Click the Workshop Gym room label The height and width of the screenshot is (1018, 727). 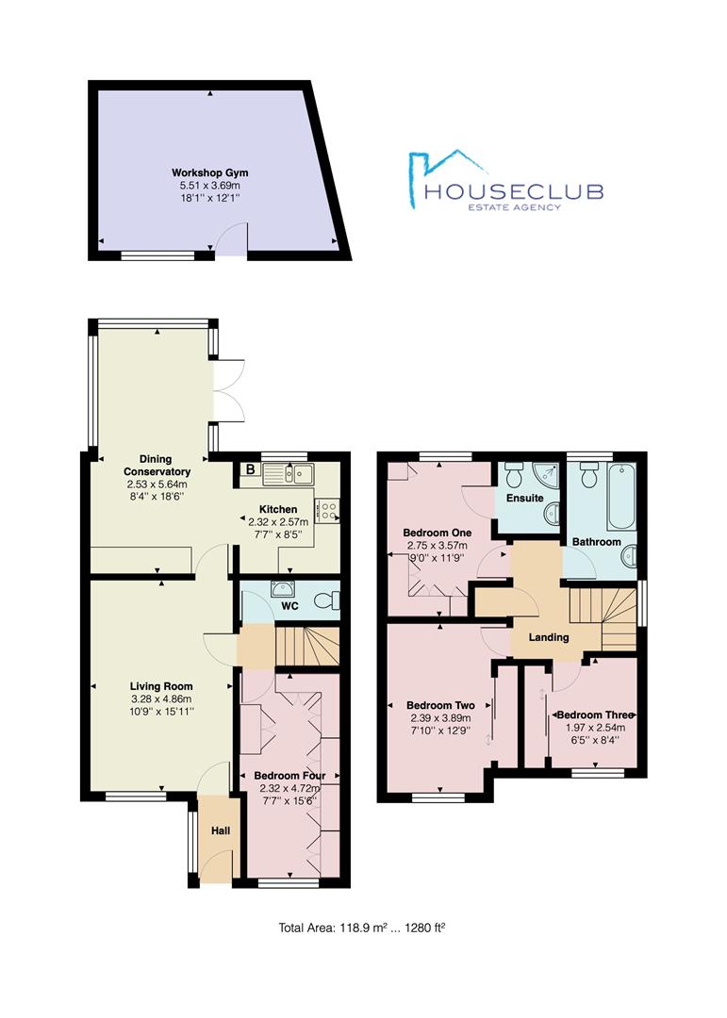click(x=210, y=172)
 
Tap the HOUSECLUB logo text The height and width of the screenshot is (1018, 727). click(x=513, y=191)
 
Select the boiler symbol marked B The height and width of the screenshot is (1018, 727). click(x=250, y=469)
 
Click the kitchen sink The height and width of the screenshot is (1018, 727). click(x=288, y=474)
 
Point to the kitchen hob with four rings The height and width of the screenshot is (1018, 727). click(x=327, y=510)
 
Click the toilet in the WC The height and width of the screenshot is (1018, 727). click(x=327, y=600)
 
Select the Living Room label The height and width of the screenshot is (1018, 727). click(x=161, y=686)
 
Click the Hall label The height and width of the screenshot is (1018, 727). click(x=221, y=830)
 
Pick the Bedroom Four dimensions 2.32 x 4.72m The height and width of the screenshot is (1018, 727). click(x=289, y=788)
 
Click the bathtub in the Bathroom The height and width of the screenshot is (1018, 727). click(x=621, y=497)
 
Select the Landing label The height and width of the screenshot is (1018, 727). click(x=549, y=637)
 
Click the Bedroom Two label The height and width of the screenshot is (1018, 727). click(x=440, y=705)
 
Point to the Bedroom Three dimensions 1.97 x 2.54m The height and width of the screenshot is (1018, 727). click(x=595, y=728)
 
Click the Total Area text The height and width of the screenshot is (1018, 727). click(x=362, y=928)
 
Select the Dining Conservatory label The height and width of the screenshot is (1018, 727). click(x=157, y=466)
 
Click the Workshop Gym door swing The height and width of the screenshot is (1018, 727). click(x=232, y=238)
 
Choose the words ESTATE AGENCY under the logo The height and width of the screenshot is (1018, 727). click(x=514, y=207)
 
